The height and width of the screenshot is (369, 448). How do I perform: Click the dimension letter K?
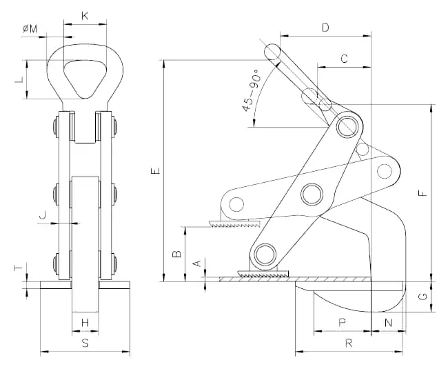click(x=85, y=14)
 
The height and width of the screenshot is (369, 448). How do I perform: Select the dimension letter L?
click(x=19, y=79)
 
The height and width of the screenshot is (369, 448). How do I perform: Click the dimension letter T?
click(x=19, y=266)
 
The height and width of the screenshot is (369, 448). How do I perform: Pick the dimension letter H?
click(x=85, y=322)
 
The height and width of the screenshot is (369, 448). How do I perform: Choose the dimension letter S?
click(x=85, y=342)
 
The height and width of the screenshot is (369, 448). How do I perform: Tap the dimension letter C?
click(x=344, y=59)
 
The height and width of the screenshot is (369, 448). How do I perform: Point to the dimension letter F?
click(x=423, y=193)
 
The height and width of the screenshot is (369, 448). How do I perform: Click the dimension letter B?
click(x=177, y=254)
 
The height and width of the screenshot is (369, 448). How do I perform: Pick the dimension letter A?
click(x=196, y=263)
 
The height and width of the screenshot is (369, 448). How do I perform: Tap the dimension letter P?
click(x=342, y=323)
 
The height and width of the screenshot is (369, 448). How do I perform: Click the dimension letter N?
click(x=387, y=323)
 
